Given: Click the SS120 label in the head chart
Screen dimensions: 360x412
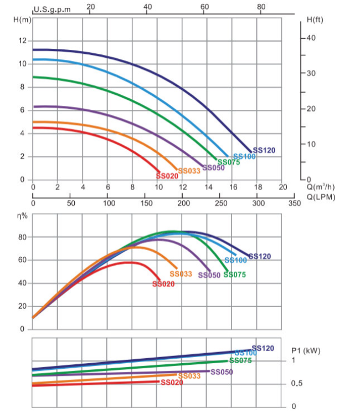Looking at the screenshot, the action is coord(264,150).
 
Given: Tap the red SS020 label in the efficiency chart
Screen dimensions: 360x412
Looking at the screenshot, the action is coord(163,284).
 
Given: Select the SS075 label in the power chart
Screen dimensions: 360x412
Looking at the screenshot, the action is coord(240,360).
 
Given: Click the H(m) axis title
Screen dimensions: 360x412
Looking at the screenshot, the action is coord(22,20).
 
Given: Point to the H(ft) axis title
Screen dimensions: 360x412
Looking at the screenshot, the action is coord(315,20).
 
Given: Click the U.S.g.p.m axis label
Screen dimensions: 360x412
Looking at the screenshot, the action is coord(52,9).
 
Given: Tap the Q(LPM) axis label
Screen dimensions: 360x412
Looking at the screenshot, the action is coord(321,197).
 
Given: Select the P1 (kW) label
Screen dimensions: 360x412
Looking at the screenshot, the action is coord(306,351).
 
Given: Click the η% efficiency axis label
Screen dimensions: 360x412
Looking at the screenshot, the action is coord(22,216).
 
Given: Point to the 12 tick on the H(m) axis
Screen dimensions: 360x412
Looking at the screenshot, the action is coord(23,40).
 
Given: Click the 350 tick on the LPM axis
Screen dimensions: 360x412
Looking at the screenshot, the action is coord(295,203).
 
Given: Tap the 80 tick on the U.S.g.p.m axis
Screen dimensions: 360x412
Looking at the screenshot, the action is coord(261,7).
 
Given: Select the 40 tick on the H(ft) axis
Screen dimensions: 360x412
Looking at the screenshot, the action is coord(311,38).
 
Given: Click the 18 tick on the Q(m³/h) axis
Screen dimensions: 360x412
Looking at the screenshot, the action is coord(258,187).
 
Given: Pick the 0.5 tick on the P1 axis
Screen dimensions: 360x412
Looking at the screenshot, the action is coord(297,383).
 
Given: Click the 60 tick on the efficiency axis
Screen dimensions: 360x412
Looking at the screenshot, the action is coord(23,260).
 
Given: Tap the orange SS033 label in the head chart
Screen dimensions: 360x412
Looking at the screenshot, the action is coord(189,171).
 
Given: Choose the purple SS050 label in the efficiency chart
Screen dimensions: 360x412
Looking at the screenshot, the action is coord(209,275).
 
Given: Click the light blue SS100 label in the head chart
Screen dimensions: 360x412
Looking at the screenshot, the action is coord(244,156).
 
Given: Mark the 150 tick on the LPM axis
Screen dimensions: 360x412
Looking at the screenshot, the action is coord(146,203).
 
